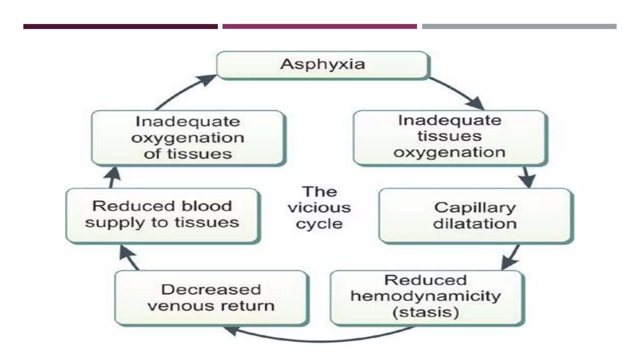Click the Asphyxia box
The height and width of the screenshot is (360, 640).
pos(322,65)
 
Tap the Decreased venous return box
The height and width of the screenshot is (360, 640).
pos(211,297)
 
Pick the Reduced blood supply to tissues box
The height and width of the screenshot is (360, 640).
pos(162,215)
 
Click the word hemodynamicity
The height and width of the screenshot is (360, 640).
pos(426,296)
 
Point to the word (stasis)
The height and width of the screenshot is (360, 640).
pos(426,312)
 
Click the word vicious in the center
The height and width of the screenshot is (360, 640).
pos(319,208)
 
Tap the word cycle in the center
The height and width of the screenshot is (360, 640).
pos(319,224)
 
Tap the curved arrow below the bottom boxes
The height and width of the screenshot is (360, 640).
pos(319,340)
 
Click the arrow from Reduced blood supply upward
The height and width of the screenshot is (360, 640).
pos(113,177)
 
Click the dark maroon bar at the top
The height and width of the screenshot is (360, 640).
pos(120,27)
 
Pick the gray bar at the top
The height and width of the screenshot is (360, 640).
pos(519,27)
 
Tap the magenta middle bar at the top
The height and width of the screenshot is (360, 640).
pos(319,27)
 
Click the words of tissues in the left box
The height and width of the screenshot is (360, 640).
pos(188,154)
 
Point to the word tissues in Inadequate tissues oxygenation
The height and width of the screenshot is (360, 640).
pos(449,136)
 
